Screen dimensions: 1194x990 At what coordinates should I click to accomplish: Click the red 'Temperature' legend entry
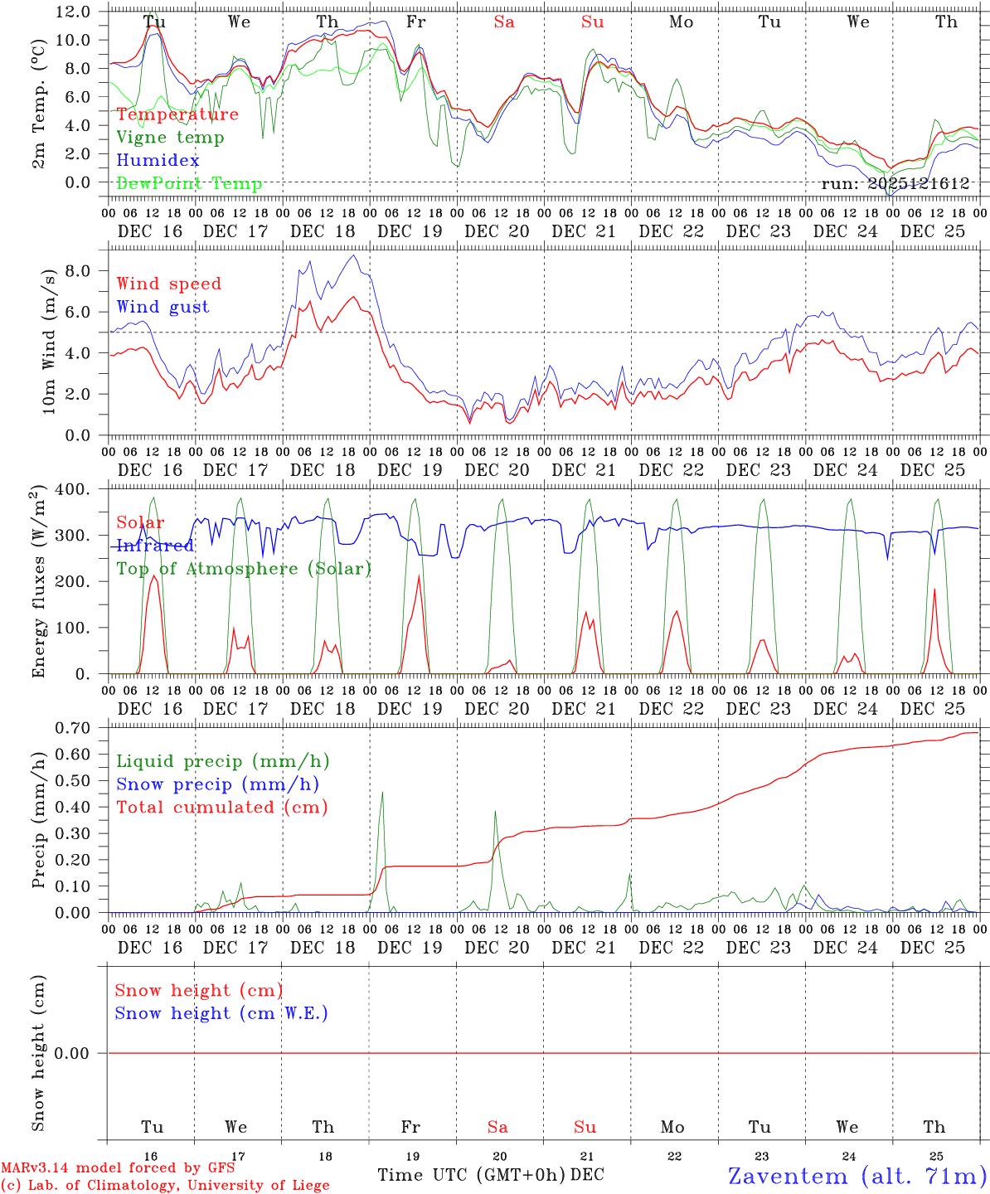177,114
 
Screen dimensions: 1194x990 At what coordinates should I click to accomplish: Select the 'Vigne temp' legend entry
170,138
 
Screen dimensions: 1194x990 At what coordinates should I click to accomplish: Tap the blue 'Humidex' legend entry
158,161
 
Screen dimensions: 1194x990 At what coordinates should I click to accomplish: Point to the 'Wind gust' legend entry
163,307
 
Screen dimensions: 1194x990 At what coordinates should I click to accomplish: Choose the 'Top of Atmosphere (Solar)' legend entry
244,569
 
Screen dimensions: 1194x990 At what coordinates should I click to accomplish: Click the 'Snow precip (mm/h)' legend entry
217,784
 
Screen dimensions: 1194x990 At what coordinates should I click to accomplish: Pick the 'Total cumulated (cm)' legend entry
221,808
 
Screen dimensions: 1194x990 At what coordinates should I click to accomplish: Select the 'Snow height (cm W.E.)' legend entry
221,1013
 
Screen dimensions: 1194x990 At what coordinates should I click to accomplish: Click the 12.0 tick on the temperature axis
72,12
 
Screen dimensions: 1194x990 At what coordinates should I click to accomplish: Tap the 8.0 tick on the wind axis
77,270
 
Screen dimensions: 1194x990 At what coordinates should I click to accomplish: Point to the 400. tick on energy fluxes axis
72,490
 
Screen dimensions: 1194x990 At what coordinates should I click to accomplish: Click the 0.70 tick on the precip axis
72,728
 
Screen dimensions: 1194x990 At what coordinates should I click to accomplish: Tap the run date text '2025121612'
919,184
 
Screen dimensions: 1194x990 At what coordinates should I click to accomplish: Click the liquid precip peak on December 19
382,793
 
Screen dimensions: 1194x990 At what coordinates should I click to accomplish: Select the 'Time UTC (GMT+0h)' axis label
472,1175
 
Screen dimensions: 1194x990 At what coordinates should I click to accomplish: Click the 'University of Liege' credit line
165,1186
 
